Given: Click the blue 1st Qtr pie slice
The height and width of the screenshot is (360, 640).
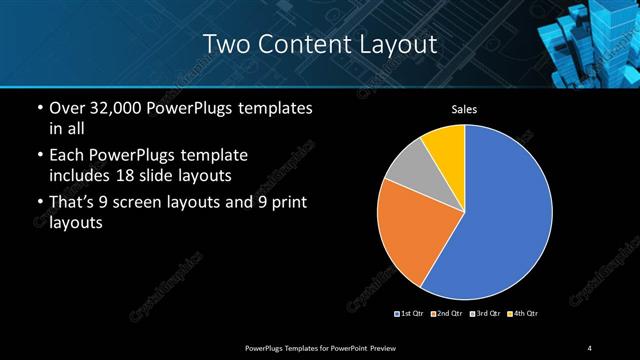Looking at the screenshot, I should click(500, 215).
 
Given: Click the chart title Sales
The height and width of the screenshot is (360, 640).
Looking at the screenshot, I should click(465, 109).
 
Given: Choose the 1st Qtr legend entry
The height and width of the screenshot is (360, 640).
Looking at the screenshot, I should click(411, 314).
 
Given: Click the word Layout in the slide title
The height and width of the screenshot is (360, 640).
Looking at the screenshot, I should click(400, 44).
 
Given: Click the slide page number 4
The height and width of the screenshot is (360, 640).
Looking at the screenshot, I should click(590, 347).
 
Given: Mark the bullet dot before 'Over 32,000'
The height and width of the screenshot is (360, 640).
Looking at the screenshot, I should click(38, 108).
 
